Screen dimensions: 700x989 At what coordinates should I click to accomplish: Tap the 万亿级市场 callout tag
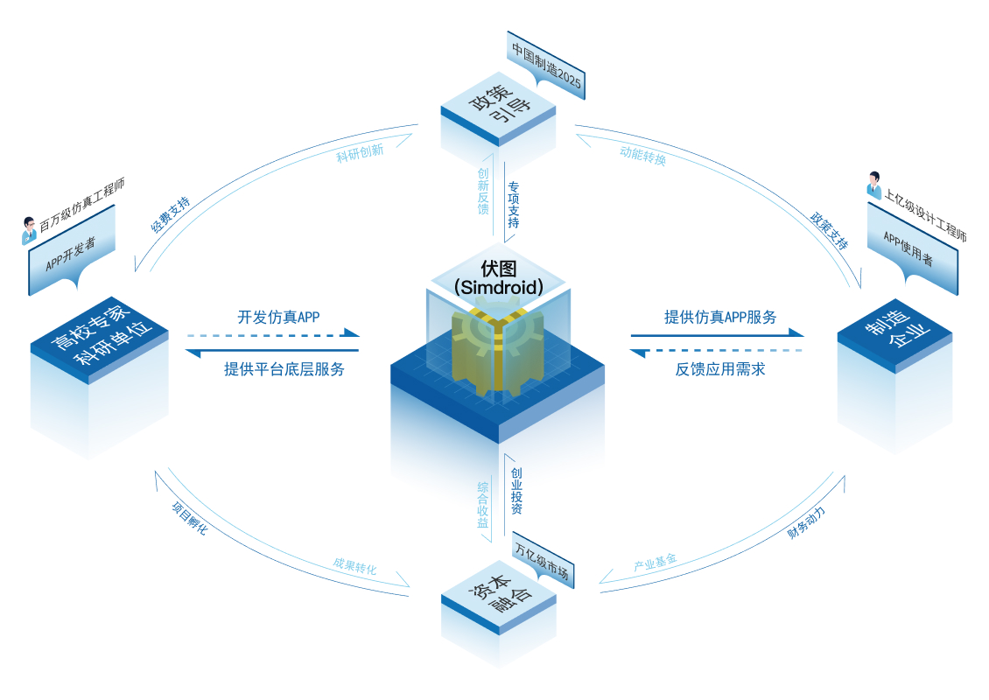click(542, 563)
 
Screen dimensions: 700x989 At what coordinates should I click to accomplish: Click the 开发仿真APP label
click(278, 317)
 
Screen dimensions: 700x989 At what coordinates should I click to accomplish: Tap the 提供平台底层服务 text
click(284, 369)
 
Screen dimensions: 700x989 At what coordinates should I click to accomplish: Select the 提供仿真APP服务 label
click(720, 317)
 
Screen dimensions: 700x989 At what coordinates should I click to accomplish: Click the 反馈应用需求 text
click(720, 369)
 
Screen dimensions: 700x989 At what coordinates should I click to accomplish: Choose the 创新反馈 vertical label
click(483, 192)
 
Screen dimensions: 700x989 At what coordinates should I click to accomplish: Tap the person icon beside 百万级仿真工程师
click(28, 231)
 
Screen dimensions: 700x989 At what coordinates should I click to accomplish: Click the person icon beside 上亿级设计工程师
click(873, 185)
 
